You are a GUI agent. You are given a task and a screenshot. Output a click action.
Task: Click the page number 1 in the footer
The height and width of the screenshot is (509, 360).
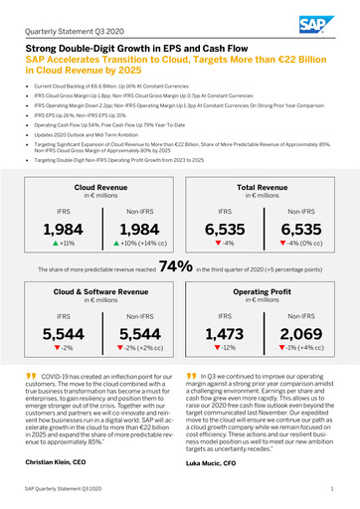331,492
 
